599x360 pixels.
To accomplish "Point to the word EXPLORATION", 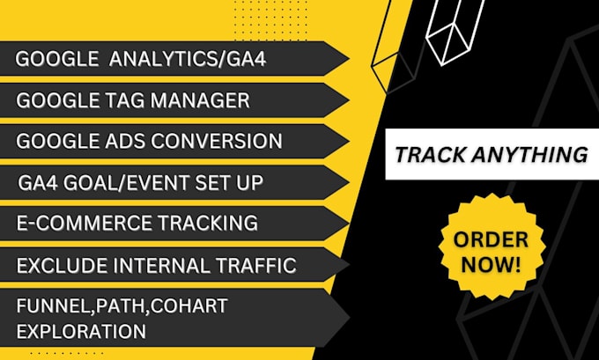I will [x=80, y=331].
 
